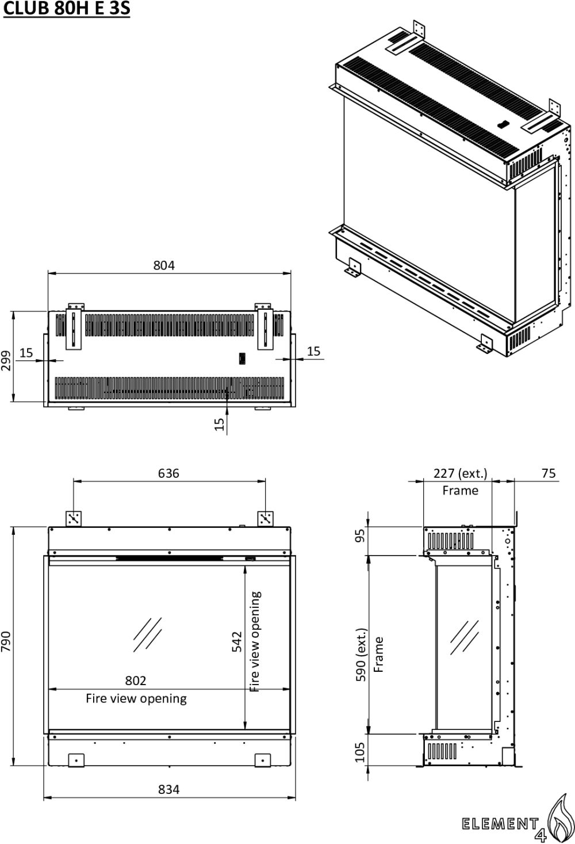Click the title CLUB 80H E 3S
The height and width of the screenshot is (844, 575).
[x=67, y=10]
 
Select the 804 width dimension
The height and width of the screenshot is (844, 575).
[x=164, y=265]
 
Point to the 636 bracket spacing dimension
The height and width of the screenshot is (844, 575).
[x=168, y=473]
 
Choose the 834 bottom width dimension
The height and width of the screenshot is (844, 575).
[x=168, y=789]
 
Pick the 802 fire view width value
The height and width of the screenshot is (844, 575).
[x=136, y=680]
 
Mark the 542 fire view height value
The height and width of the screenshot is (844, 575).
[x=237, y=642]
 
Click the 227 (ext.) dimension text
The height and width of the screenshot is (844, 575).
[x=460, y=473]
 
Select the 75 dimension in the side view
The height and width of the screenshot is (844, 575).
[x=549, y=473]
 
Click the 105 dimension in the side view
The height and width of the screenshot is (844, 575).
[x=361, y=752]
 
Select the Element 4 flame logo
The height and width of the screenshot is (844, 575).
[x=559, y=818]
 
